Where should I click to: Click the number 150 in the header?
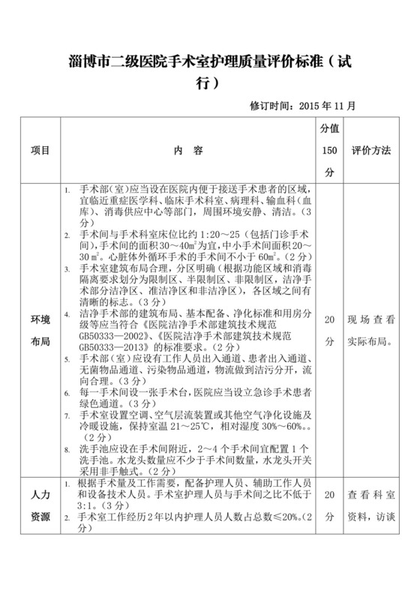pyautogui.click(x=329, y=151)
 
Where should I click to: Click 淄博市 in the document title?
pyautogui.click(x=88, y=63)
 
